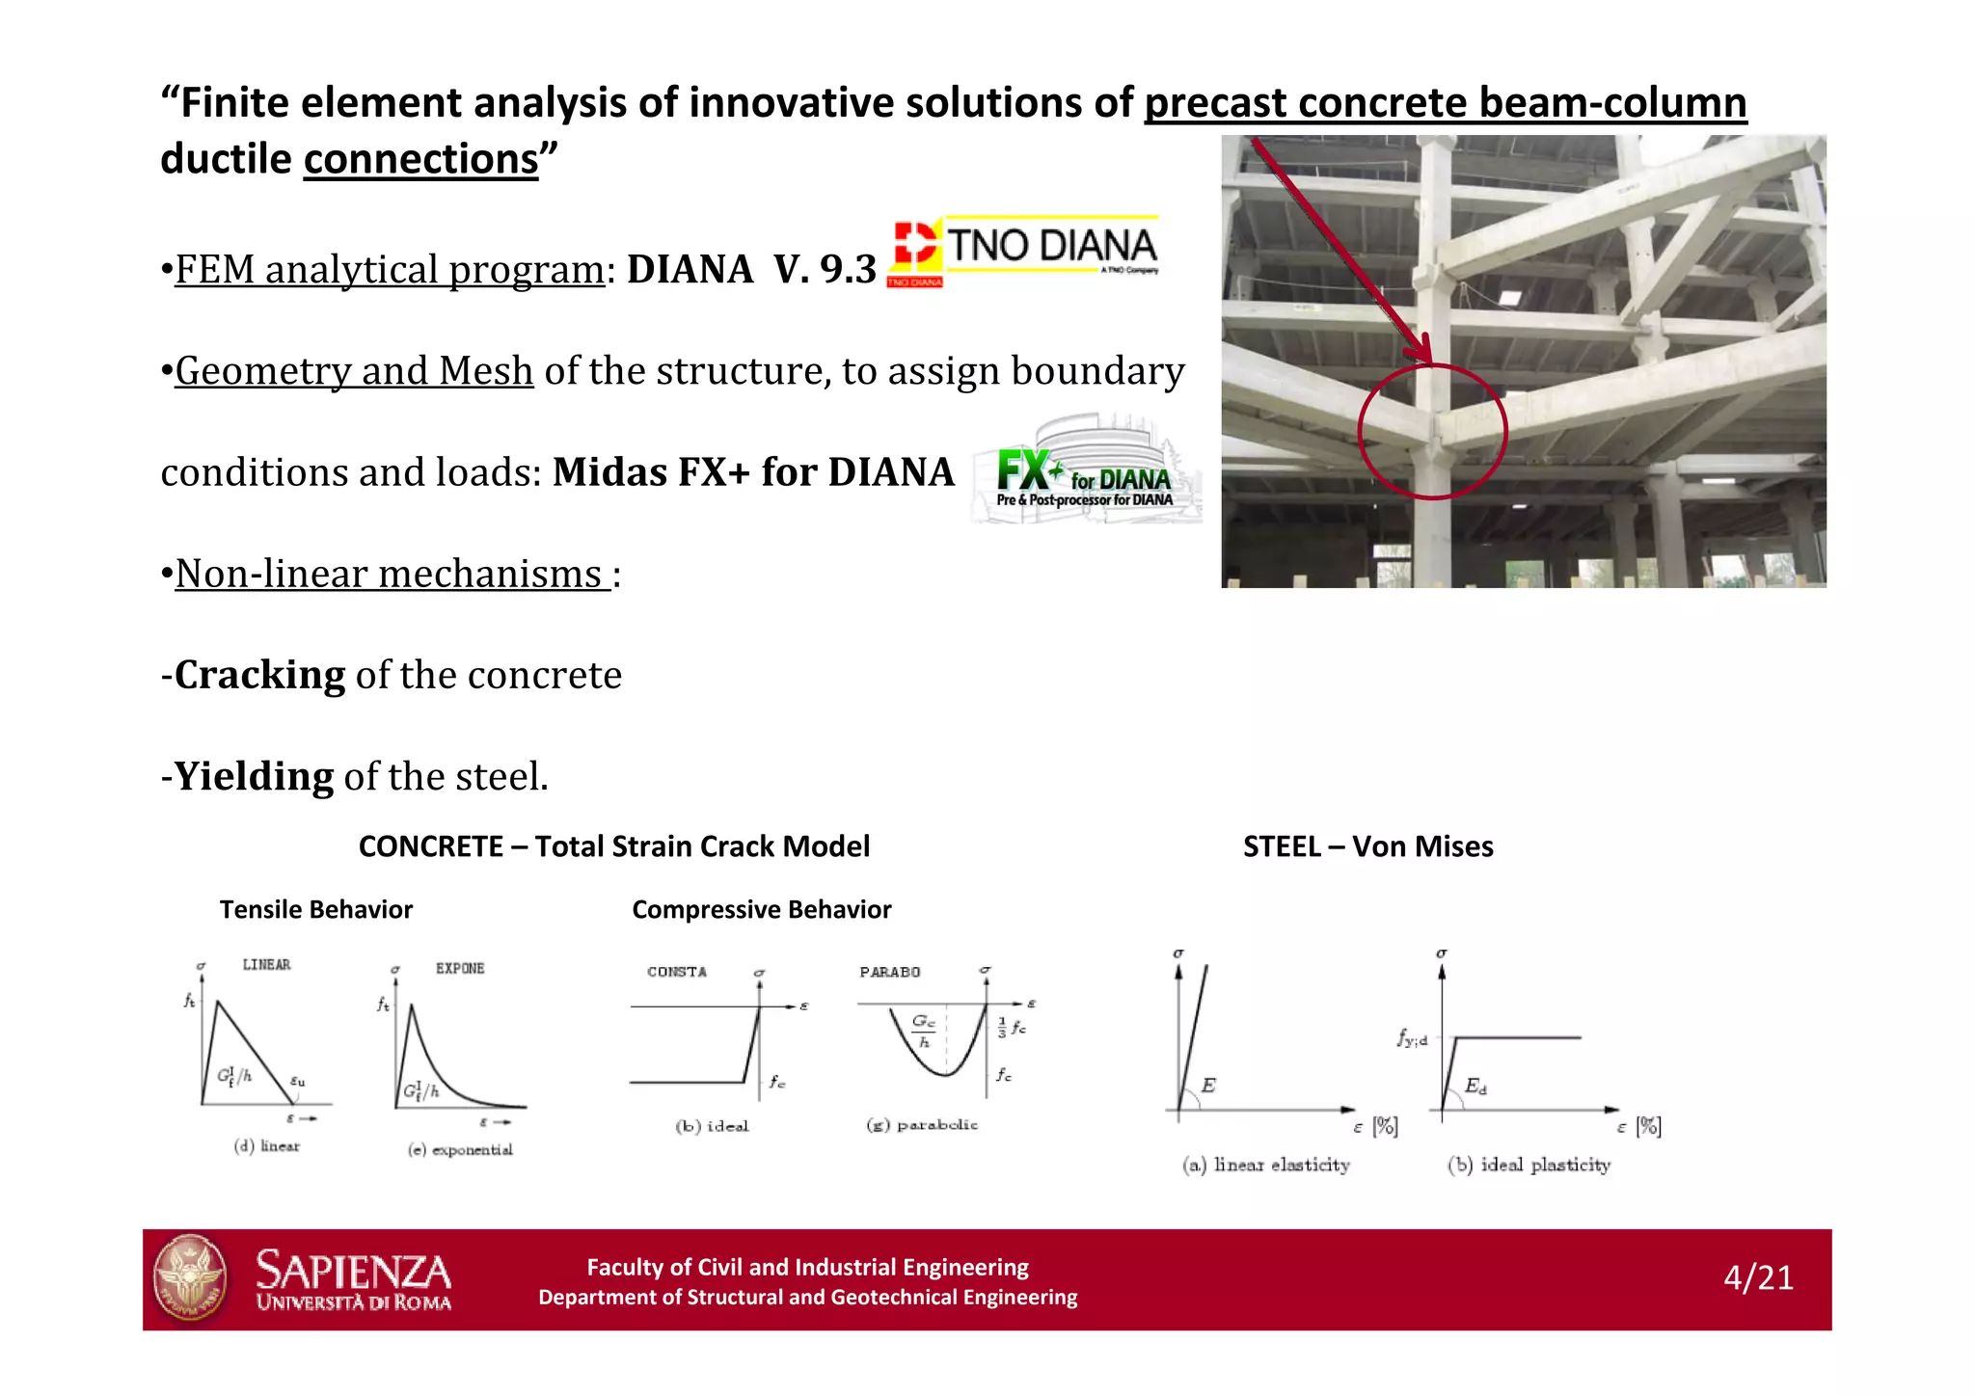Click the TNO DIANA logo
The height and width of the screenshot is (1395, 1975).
(1024, 251)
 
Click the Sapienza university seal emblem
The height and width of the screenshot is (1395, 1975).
(191, 1277)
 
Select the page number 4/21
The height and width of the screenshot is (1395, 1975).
(1758, 1277)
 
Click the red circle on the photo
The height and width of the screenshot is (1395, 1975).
(1432, 432)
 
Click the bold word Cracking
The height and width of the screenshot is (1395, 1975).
(259, 675)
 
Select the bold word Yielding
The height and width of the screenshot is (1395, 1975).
(254, 776)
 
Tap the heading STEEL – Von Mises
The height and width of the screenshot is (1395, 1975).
(1367, 846)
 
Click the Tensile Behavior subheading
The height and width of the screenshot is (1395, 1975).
(315, 909)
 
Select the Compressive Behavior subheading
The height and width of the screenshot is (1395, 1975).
(761, 909)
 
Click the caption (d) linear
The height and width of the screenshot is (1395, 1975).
(267, 1146)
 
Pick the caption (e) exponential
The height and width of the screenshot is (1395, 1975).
(460, 1149)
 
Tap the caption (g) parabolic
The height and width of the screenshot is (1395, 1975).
(922, 1125)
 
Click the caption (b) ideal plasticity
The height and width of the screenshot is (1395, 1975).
(1529, 1165)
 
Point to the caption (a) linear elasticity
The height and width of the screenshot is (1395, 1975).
(1265, 1165)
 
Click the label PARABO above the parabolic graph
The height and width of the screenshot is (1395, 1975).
(889, 972)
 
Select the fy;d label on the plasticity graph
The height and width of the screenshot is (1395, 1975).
(1412, 1038)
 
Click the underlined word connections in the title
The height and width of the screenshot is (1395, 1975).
(420, 159)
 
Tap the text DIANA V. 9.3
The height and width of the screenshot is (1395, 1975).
(751, 269)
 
